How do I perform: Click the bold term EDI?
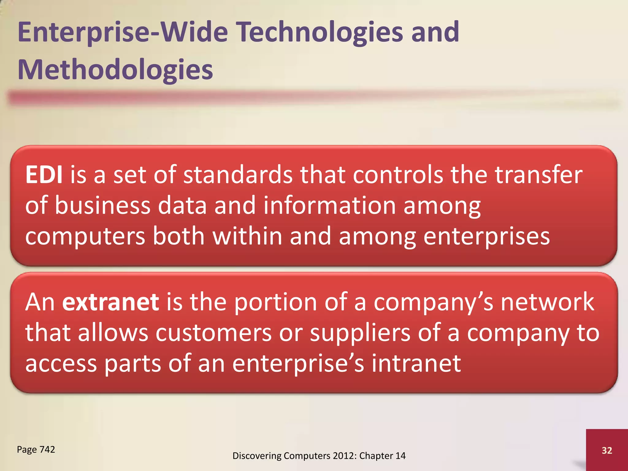pos(44,175)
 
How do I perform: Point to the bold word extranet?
pos(110,302)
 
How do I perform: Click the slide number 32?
pos(607,450)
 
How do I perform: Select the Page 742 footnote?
pos(36,449)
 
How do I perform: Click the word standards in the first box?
pos(238,175)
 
